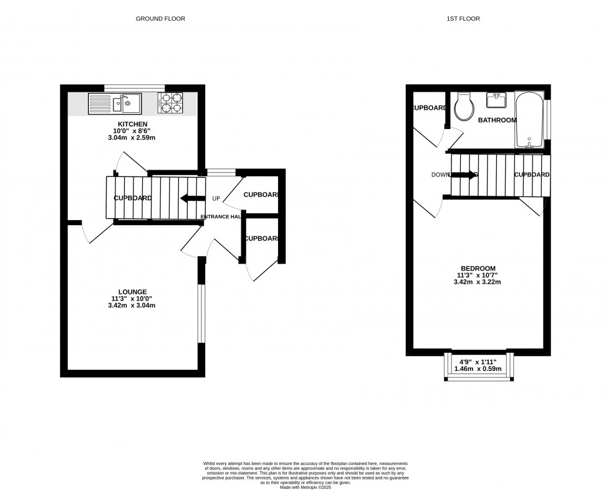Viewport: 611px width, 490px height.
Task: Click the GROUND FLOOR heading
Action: pos(160,19)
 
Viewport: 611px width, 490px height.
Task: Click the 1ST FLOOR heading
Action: pos(463,19)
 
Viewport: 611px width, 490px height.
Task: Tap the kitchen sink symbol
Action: pos(115,103)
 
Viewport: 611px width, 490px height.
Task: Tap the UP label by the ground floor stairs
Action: pos(216,199)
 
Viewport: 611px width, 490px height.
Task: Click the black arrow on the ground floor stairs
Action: pos(191,199)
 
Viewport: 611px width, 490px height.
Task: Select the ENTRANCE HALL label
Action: pos(221,217)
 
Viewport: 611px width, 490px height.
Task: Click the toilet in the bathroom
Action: pos(463,107)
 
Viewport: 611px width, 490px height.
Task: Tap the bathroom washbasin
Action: pos(498,99)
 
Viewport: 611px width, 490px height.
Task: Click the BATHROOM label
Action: pos(497,120)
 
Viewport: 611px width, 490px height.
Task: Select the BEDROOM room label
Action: pos(478,268)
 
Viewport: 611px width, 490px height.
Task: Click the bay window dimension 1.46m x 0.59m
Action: pos(478,369)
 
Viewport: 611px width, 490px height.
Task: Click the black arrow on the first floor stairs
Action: pos(463,175)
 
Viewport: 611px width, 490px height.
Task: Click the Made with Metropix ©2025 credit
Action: pos(305,487)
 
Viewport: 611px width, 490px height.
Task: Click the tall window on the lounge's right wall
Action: pos(201,314)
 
